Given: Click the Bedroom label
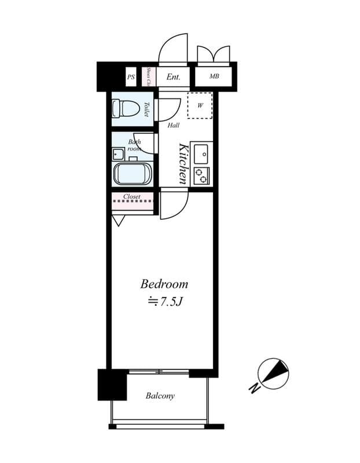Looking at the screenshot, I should (164, 284).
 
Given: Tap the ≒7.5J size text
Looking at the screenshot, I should (166, 301).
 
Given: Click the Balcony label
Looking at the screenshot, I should (160, 396).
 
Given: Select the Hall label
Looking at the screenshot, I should (173, 125).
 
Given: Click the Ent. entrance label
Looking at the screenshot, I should (173, 76).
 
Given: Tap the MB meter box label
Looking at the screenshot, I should (214, 76).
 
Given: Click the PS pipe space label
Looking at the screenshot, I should (131, 76).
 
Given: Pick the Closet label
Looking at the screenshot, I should (132, 197).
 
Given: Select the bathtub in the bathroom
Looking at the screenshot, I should (133, 174).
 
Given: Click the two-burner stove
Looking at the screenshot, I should (201, 175).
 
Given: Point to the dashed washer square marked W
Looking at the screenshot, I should (200, 105).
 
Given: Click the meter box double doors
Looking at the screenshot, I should (214, 54).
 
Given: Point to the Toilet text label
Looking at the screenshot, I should (146, 109).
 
